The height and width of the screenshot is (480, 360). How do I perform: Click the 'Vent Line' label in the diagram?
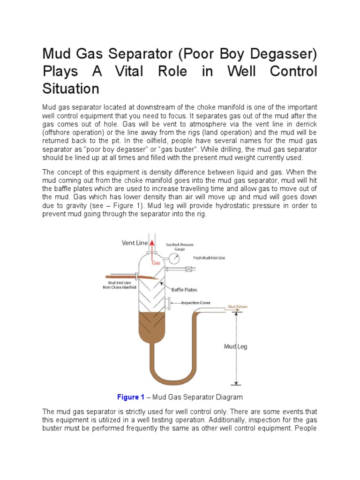[135, 243]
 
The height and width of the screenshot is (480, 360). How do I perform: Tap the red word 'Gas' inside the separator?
[156, 263]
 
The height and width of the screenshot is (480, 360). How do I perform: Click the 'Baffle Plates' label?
[184, 290]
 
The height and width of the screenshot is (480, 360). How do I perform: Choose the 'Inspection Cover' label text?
[199, 303]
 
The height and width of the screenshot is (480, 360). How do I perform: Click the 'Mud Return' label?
[238, 307]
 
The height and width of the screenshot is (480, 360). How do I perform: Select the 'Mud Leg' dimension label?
[235, 347]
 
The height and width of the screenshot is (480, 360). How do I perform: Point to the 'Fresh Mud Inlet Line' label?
[209, 258]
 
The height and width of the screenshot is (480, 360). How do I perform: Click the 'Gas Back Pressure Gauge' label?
[180, 247]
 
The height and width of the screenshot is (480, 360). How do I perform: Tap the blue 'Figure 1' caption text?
[131, 397]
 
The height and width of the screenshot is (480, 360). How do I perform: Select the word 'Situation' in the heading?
[70, 88]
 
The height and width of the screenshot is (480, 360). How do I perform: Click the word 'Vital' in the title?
[136, 72]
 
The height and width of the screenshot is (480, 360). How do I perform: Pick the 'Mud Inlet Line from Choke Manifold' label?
[120, 285]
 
